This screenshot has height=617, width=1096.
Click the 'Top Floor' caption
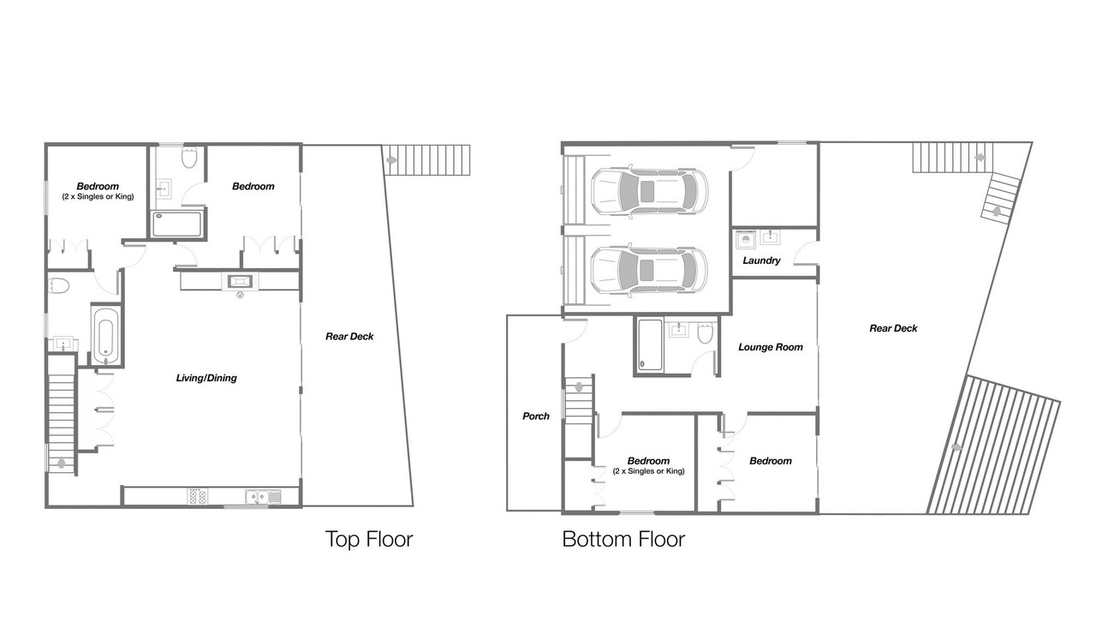coord(369,539)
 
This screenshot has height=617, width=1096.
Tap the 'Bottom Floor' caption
coord(623,539)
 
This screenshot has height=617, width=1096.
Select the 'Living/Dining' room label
coord(206,378)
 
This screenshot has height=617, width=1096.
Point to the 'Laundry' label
coord(761,261)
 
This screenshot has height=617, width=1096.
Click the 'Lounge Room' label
coord(771,347)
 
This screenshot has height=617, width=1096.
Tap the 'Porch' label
coord(536,416)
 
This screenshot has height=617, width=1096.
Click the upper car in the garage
coord(649,191)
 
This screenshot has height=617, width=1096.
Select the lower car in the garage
coord(649,270)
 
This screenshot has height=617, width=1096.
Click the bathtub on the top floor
coord(106,335)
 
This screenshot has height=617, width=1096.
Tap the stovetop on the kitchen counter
coord(197,496)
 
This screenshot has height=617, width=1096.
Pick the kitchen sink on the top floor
coord(263,496)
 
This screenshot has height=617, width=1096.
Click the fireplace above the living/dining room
coord(241,281)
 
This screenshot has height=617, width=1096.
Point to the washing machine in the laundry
coord(746,239)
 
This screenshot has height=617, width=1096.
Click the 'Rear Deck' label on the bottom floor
coord(893,328)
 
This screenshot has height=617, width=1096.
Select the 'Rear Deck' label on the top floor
coord(349,337)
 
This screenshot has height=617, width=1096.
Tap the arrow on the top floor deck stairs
coord(391,160)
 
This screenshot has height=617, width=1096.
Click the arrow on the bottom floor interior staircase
coord(579,387)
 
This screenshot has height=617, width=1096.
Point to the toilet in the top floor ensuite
coord(189,157)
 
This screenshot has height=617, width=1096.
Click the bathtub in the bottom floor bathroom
coord(650,344)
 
